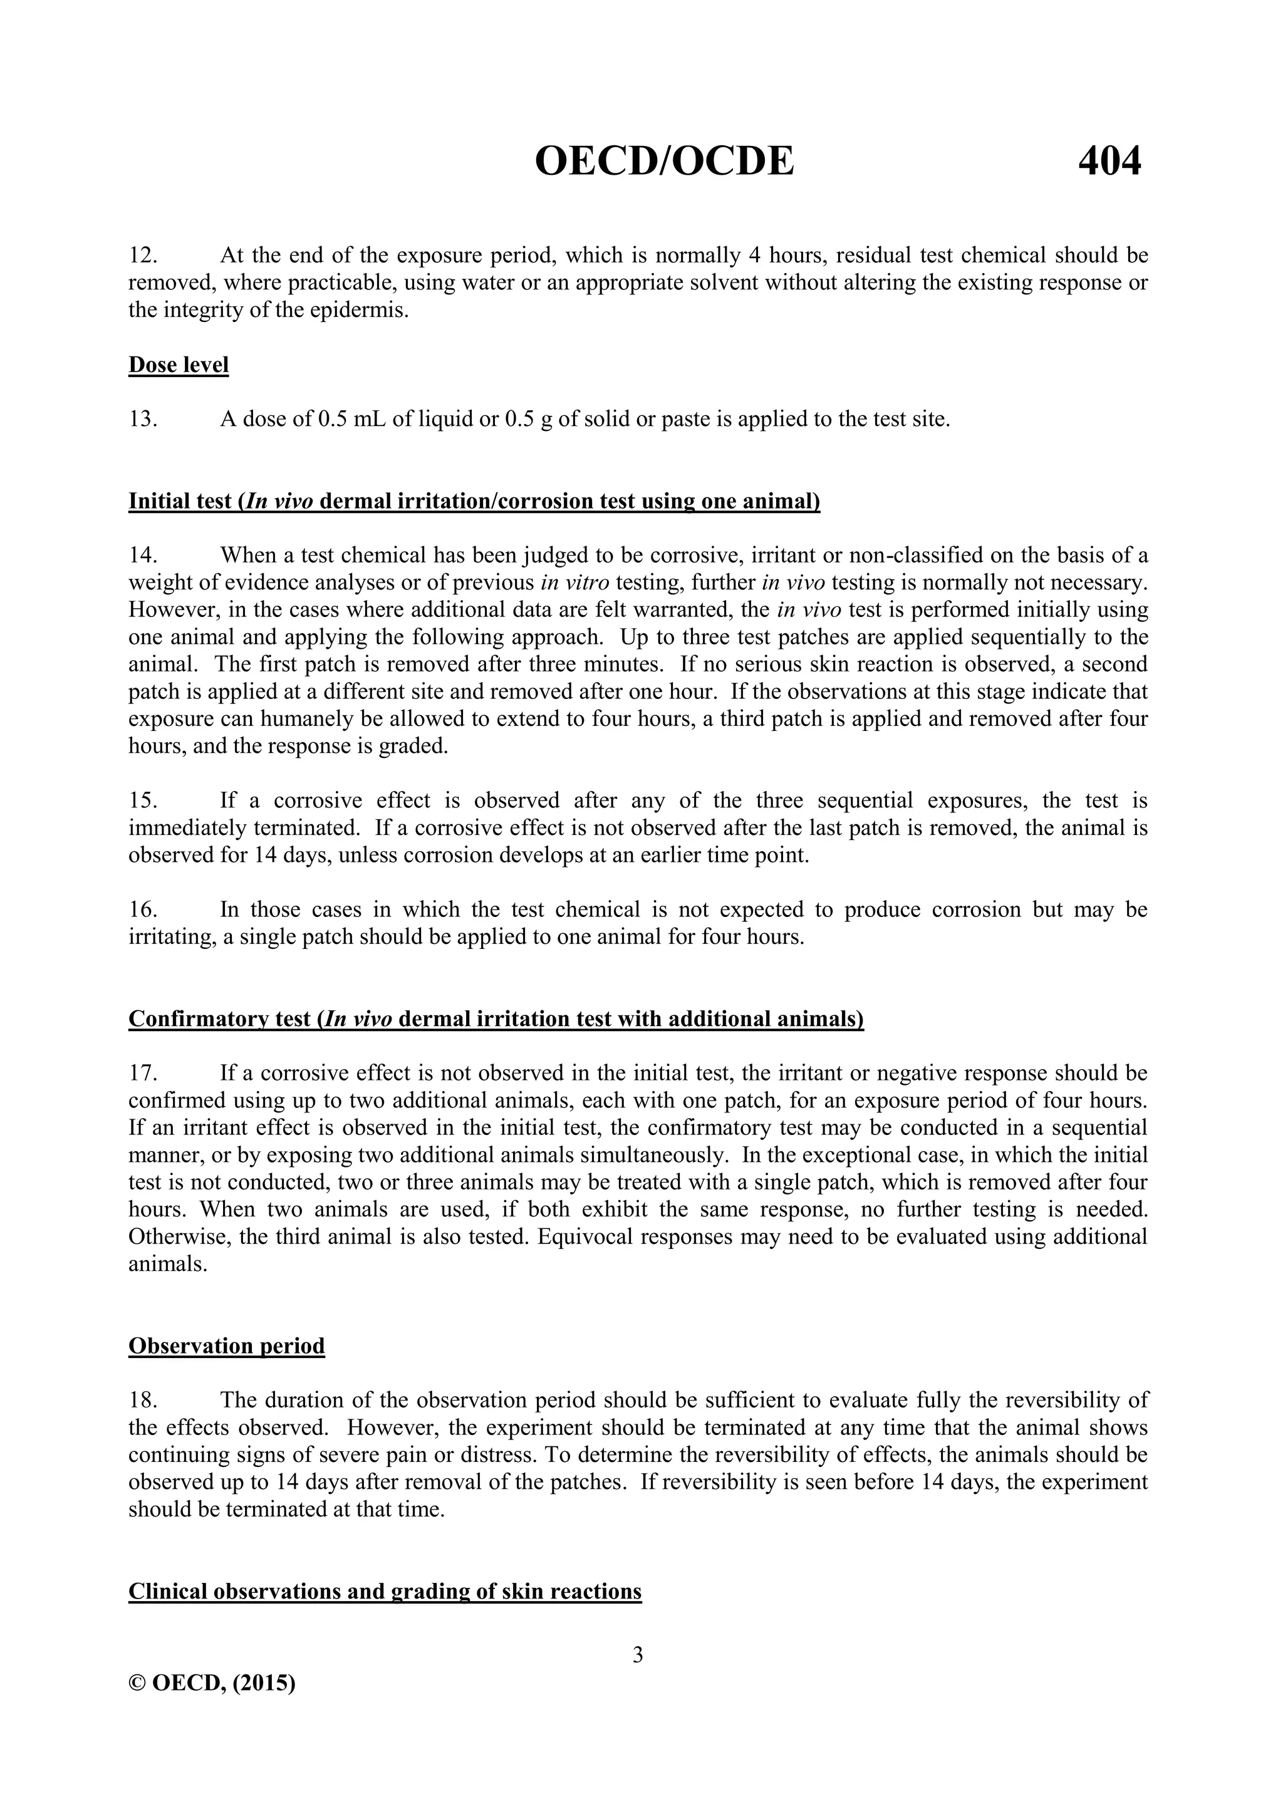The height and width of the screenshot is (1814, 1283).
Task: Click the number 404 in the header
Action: (1109, 162)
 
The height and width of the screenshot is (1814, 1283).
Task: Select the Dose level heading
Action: (179, 365)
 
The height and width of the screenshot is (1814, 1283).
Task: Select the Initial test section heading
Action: (474, 502)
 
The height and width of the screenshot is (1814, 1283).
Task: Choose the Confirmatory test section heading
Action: (496, 1019)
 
